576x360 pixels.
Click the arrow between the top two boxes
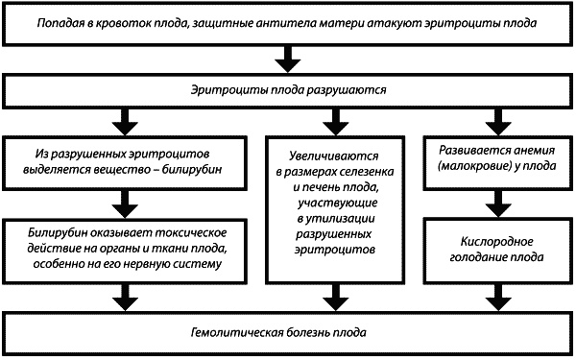[x=287, y=61]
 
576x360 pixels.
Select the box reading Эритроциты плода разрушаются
[x=287, y=89]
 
